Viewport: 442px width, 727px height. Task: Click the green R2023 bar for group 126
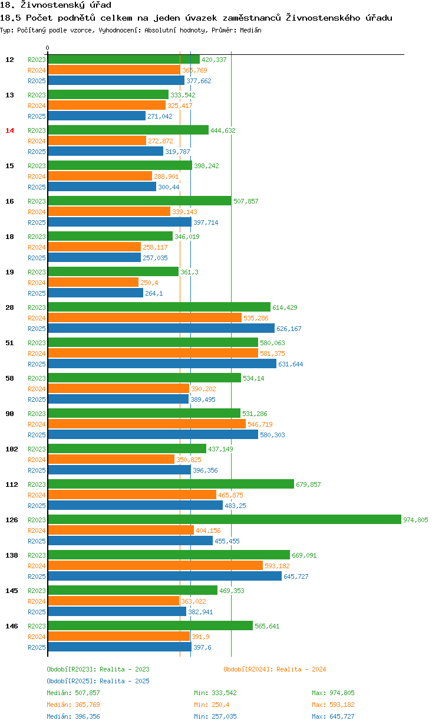(x=224, y=519)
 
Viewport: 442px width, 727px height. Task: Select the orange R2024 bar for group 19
(x=93, y=282)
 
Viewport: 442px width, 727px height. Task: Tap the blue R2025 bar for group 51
(x=162, y=363)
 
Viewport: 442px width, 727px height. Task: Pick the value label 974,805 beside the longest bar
(x=415, y=520)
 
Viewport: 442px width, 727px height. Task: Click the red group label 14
(x=9, y=130)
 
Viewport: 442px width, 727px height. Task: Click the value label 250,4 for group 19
(x=150, y=283)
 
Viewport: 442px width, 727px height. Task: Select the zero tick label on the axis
(x=48, y=48)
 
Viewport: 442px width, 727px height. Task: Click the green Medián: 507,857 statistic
(x=73, y=693)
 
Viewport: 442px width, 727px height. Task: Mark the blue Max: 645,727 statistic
(x=333, y=716)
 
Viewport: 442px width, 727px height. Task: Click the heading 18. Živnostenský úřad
(x=56, y=5)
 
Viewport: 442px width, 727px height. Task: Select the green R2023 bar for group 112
(x=171, y=484)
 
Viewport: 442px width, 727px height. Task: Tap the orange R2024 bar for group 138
(x=155, y=565)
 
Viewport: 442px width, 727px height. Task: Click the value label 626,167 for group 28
(x=289, y=329)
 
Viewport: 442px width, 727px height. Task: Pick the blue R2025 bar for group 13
(x=97, y=116)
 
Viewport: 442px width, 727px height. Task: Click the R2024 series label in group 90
(x=37, y=424)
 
